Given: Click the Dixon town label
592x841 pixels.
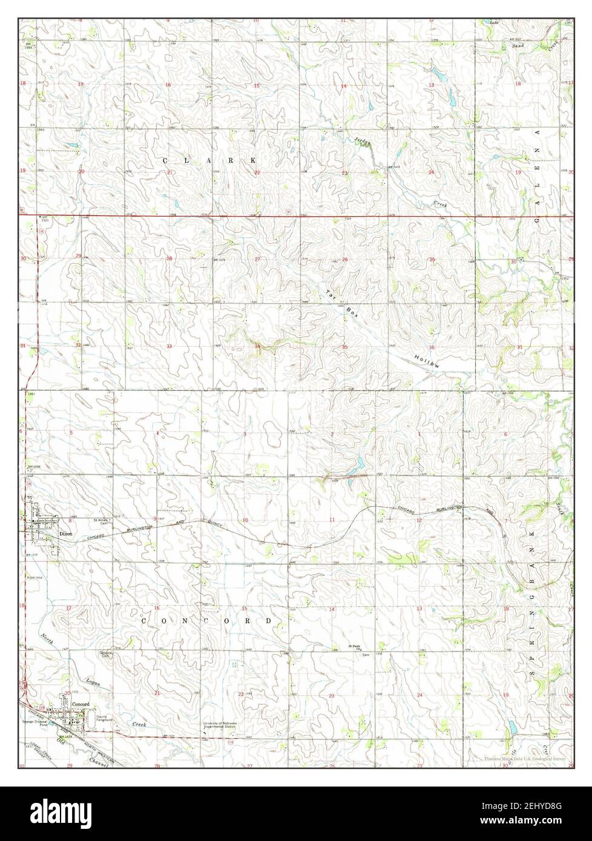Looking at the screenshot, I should coord(65,534).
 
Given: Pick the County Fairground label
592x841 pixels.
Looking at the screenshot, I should coord(104,718).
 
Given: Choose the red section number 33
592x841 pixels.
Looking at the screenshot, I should coord(169,346).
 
